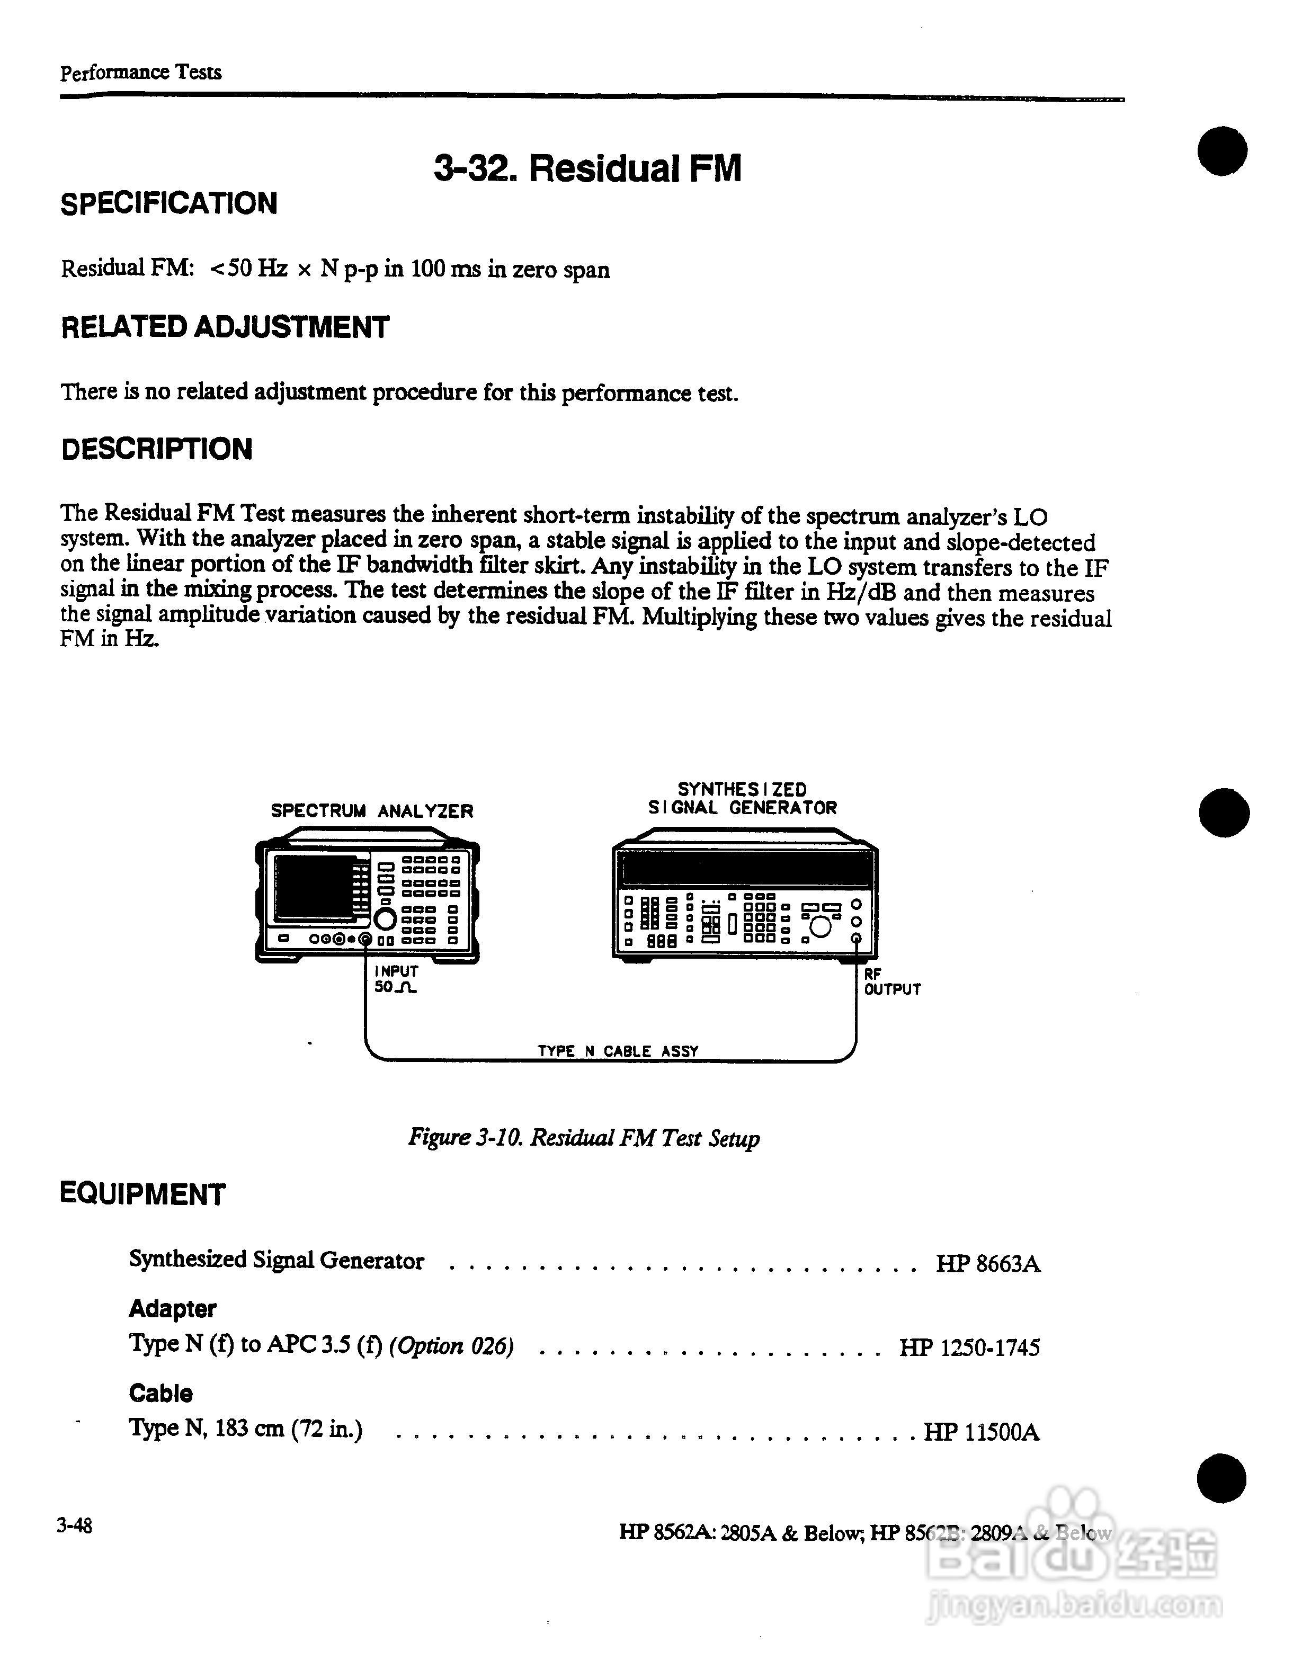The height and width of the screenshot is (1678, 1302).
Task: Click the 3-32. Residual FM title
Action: click(x=587, y=168)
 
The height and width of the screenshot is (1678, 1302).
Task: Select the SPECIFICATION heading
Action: click(x=169, y=203)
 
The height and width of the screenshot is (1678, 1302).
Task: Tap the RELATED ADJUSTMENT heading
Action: click(x=225, y=327)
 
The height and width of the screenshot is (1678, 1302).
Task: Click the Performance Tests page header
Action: click(x=140, y=72)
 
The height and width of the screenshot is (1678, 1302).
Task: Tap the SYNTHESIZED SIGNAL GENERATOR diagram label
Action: click(x=742, y=798)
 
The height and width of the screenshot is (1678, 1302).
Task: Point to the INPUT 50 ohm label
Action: click(x=396, y=979)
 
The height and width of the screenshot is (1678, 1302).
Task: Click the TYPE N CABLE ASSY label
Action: click(x=618, y=1051)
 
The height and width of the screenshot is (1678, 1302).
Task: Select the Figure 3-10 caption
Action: click(x=584, y=1138)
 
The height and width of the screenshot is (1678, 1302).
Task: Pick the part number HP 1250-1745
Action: click(x=969, y=1347)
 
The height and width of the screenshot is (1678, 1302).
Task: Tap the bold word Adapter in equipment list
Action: click(x=172, y=1308)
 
